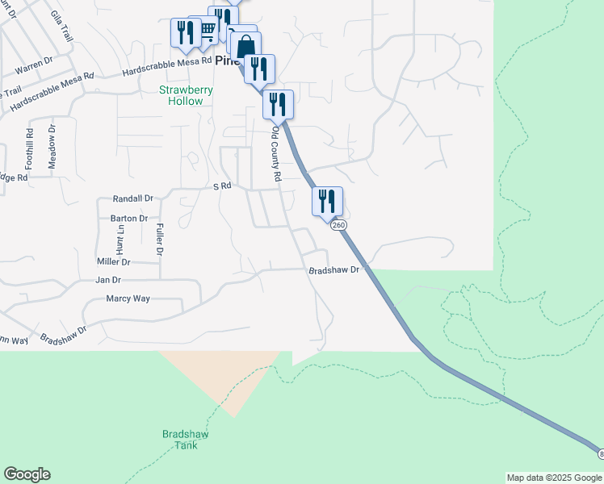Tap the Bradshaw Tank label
(x=185, y=440)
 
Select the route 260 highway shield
(x=337, y=224)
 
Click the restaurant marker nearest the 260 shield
(x=327, y=202)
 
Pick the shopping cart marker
(x=205, y=30)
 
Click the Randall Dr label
(x=133, y=198)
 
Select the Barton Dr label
(x=129, y=218)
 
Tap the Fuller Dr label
(x=160, y=240)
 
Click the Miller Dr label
(x=114, y=261)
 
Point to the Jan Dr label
(x=108, y=280)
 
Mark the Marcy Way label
(x=128, y=298)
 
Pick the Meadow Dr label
(x=52, y=146)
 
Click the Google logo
(x=27, y=474)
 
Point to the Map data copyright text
(x=553, y=478)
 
